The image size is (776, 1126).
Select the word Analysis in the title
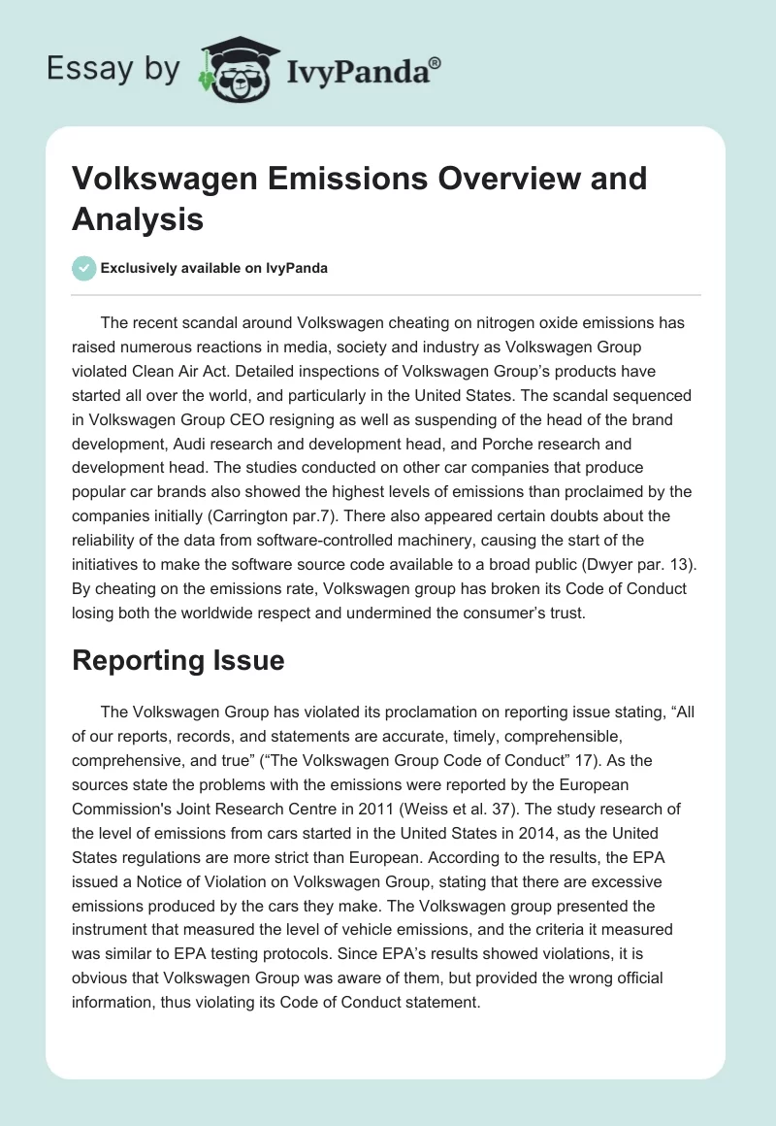[138, 219]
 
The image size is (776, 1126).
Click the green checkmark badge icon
[84, 268]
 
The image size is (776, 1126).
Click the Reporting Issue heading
[178, 660]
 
